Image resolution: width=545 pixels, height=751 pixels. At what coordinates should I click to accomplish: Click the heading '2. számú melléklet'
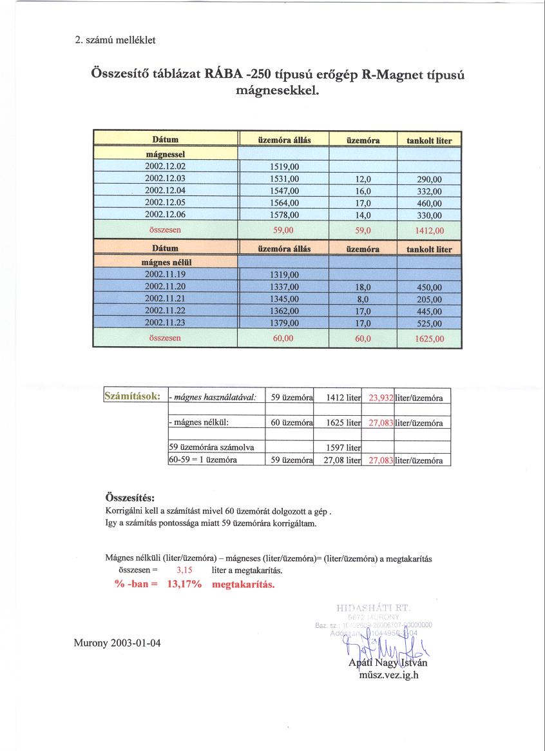pos(115,40)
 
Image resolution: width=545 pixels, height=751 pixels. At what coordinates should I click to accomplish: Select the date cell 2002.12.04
pos(165,191)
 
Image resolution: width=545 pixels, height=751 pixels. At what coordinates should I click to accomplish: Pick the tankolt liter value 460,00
pos(429,203)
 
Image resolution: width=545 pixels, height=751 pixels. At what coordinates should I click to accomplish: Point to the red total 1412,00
pos(429,229)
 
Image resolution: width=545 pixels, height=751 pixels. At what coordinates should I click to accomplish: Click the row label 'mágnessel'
pos(165,155)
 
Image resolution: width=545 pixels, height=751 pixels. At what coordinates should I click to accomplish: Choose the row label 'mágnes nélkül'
pos(165,262)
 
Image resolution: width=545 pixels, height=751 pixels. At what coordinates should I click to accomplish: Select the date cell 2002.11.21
pos(165,298)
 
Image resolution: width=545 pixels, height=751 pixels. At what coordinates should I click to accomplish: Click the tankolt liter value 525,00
pos(429,323)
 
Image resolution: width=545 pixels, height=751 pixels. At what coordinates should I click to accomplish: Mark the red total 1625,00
pos(429,338)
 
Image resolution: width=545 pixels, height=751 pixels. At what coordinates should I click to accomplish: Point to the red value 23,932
pos(381,398)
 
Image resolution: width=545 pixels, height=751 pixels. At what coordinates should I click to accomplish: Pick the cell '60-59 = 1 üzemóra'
pos(203,460)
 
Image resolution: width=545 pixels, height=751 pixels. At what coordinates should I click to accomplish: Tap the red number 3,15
pos(184,571)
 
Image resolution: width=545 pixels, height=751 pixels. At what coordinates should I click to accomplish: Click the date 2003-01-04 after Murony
pos(137,643)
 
